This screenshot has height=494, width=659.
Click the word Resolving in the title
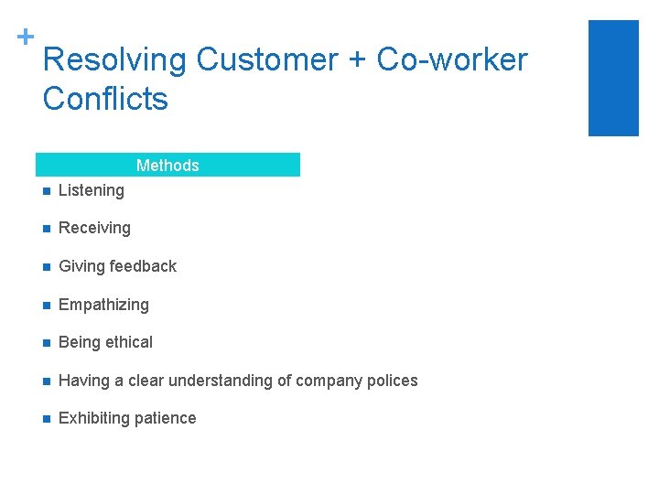(x=114, y=60)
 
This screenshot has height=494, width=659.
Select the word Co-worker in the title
(x=452, y=60)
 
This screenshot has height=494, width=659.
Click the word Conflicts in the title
(x=105, y=98)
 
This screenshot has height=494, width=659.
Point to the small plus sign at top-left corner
(x=26, y=37)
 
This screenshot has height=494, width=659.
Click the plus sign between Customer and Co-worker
(x=358, y=61)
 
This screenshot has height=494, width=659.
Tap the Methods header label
(x=167, y=166)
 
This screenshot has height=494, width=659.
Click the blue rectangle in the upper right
(x=613, y=78)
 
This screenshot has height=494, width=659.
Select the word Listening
(x=92, y=190)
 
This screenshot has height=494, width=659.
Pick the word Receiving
(x=94, y=228)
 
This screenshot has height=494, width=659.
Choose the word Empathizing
(x=103, y=305)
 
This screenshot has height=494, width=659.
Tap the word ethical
(x=130, y=342)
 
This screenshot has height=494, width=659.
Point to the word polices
(x=391, y=381)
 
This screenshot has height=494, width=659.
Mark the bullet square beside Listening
(x=43, y=191)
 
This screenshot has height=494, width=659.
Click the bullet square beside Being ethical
(x=43, y=343)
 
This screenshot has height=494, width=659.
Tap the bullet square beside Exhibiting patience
(x=43, y=419)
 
